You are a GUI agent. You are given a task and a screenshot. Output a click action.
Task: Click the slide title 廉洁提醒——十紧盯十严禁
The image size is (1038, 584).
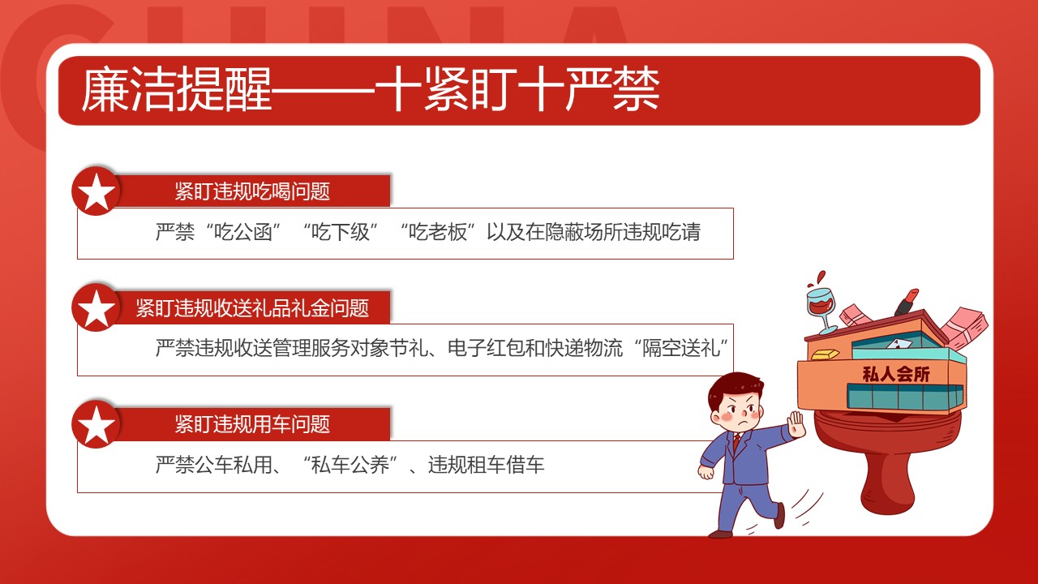(370, 90)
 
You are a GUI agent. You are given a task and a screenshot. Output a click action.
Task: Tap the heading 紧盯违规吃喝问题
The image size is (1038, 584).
(252, 191)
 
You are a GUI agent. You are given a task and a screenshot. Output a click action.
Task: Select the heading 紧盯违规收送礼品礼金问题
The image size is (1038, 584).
(252, 308)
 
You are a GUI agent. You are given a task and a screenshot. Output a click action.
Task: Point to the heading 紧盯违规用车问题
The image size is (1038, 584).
(252, 424)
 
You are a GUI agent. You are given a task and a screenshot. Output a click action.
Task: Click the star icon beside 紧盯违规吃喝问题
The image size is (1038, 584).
(97, 192)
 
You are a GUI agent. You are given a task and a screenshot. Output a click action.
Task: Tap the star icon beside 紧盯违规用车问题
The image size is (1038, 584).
(97, 425)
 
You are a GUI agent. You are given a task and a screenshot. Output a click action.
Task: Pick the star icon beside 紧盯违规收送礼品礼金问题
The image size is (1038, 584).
(97, 308)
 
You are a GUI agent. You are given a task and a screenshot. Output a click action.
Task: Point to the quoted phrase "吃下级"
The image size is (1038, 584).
(341, 233)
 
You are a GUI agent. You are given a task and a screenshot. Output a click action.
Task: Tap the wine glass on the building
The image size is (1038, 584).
(821, 304)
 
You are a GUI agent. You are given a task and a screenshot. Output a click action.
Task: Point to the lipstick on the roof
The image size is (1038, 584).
(906, 302)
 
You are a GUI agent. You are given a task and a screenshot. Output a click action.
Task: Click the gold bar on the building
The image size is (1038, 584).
(826, 354)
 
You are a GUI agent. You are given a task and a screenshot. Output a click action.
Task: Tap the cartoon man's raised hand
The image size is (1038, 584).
(796, 424)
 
